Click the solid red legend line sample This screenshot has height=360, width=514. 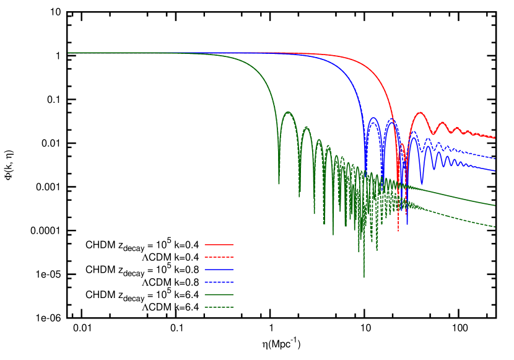click(219, 245)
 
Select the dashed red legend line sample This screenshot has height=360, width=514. click(219, 257)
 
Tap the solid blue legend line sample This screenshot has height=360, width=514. click(219, 270)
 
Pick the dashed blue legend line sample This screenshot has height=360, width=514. click(219, 282)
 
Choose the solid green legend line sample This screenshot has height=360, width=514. click(219, 294)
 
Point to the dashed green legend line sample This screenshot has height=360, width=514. click(219, 307)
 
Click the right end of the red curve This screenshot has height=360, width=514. click(495, 138)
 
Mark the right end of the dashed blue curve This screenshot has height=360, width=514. click(495, 159)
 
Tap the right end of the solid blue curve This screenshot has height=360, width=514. click(495, 171)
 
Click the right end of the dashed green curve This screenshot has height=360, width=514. click(495, 227)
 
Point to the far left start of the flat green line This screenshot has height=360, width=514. click(68, 53)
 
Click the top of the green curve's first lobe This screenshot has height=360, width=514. click(288, 112)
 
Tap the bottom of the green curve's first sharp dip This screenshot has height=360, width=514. click(279, 184)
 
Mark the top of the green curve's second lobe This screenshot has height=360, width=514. click(306, 127)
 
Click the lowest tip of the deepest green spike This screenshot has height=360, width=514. click(364, 277)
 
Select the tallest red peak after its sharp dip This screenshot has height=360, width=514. click(420, 113)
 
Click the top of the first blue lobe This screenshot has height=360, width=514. click(373, 118)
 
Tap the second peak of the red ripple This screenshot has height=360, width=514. click(442, 123)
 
